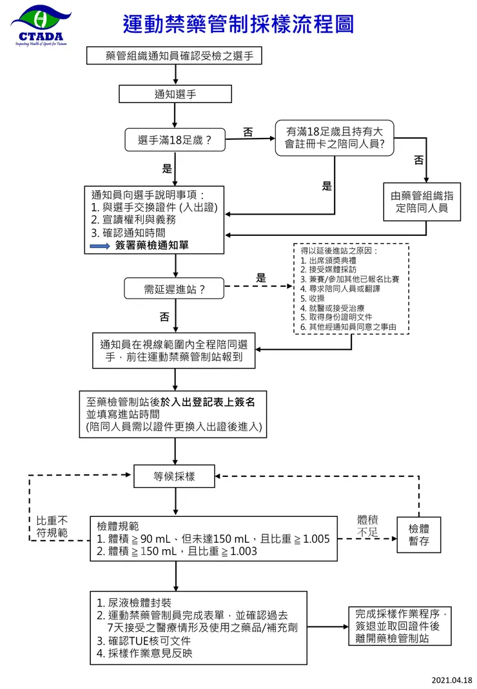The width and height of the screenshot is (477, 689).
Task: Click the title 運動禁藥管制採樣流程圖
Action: (x=238, y=24)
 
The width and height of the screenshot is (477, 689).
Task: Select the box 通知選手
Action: (x=175, y=94)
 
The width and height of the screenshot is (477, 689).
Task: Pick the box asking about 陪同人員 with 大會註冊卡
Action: (x=334, y=138)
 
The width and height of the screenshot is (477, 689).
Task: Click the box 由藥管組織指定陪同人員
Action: (x=422, y=202)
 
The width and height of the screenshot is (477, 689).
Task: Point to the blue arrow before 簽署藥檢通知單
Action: (x=101, y=246)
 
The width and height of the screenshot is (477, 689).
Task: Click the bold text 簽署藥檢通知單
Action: (x=152, y=246)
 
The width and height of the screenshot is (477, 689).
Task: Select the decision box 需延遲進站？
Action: (x=174, y=289)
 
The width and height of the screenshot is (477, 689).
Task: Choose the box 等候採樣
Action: (x=174, y=477)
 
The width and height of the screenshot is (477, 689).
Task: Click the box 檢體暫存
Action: (x=419, y=534)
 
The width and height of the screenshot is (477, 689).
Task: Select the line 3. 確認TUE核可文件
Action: (x=144, y=641)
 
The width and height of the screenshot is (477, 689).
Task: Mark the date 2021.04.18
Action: (x=451, y=680)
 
